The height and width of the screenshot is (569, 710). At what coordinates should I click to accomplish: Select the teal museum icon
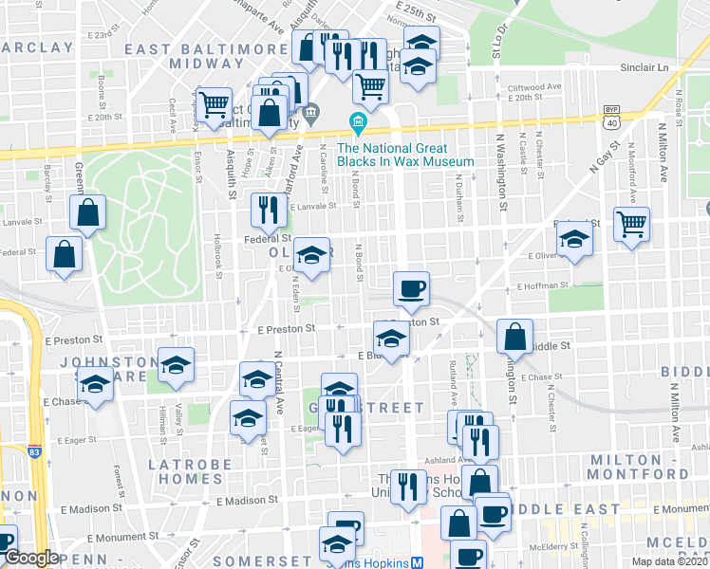point(358,122)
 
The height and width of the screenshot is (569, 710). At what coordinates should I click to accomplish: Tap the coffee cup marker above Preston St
point(411,288)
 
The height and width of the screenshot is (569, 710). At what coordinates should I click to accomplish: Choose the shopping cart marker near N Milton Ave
point(631,226)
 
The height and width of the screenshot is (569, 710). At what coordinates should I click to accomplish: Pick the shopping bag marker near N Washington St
point(514,338)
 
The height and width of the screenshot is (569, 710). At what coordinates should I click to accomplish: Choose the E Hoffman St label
point(540,284)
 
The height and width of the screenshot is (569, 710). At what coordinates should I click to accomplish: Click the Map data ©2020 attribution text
point(669,561)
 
